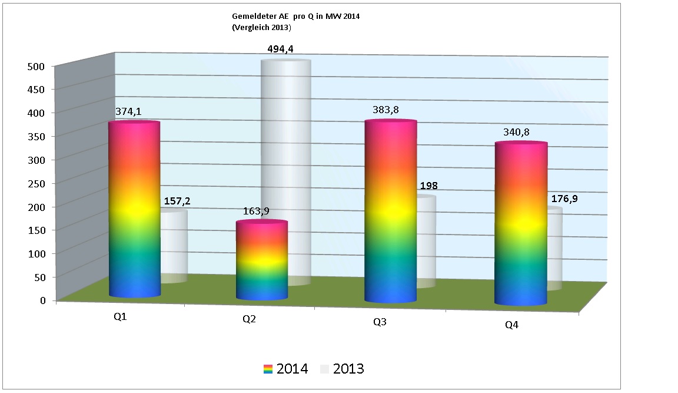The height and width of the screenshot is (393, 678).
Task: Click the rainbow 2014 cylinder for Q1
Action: (134, 209)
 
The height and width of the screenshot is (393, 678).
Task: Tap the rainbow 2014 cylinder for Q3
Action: (390, 212)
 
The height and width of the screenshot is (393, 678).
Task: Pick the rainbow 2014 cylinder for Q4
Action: (521, 224)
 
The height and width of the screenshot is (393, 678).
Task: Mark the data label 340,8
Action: (516, 132)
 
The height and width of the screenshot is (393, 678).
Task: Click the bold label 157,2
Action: (177, 202)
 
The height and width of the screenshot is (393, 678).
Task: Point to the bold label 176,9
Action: (564, 199)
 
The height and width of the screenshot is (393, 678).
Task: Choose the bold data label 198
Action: (428, 186)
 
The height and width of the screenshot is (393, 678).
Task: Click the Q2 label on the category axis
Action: (249, 319)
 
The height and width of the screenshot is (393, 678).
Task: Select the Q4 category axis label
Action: (511, 325)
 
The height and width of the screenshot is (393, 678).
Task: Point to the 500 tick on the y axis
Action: (36, 66)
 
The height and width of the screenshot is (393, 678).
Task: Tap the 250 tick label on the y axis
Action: (36, 183)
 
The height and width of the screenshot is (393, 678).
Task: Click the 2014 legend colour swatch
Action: (268, 369)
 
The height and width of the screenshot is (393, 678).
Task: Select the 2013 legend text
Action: (348, 369)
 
